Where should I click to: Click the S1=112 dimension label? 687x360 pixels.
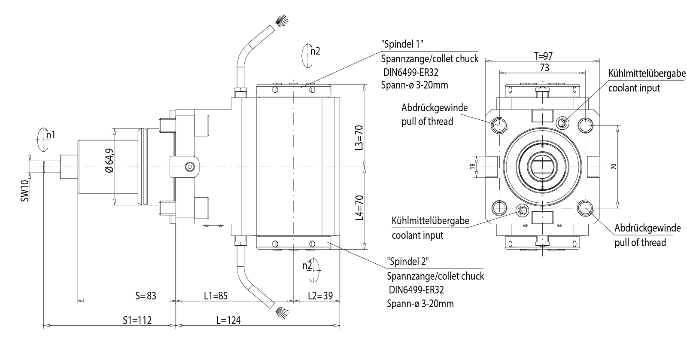pos(137,320)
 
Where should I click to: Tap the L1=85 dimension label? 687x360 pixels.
pos(215,296)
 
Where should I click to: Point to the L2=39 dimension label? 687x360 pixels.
pos(320,296)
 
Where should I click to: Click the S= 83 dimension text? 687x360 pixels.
pos(146,296)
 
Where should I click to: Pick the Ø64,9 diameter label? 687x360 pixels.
pos(109,161)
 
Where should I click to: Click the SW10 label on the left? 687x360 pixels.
pos(25,191)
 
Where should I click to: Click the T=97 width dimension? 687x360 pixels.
pos(543,55)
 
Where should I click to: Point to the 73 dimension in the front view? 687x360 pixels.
pos(544,67)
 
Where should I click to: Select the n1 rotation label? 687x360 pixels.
pos(51,135)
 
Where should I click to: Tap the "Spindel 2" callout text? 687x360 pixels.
pos(407,261)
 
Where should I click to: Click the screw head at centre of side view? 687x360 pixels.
pos(189,167)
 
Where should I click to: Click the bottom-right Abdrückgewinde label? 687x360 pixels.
pos(647,228)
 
